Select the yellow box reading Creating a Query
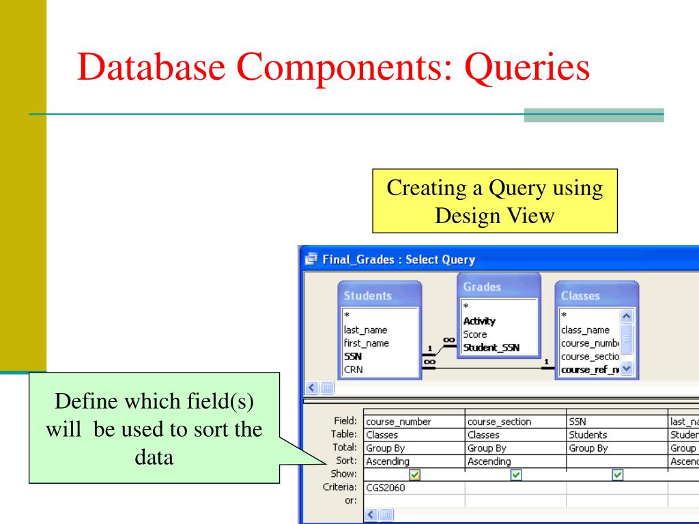pos(495,202)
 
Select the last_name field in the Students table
pos(366,330)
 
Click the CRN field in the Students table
pos(354,369)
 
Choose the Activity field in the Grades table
pos(480,321)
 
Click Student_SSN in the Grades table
pos(491,347)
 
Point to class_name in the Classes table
pos(585,330)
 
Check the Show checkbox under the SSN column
pos(618,474)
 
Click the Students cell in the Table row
pos(589,435)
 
